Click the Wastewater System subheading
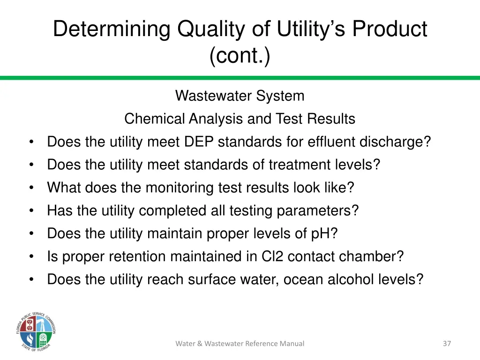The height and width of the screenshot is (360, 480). click(240, 96)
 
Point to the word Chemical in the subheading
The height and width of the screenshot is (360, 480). click(155, 119)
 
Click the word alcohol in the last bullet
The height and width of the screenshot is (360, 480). click(353, 280)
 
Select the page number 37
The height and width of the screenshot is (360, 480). click(447, 344)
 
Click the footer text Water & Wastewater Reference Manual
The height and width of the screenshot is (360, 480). click(240, 344)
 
